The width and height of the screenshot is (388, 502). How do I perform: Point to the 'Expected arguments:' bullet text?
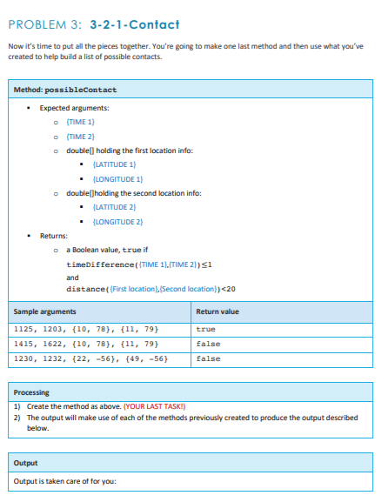click(74, 107)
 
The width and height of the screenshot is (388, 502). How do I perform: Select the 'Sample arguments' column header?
click(44, 311)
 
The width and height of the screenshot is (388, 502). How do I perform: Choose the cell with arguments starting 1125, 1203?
click(85, 330)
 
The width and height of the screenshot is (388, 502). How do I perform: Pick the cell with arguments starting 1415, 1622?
click(85, 344)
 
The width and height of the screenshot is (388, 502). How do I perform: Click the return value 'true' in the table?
click(206, 330)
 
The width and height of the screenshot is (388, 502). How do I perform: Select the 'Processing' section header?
click(32, 392)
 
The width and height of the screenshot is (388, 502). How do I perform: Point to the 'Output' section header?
click(27, 462)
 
